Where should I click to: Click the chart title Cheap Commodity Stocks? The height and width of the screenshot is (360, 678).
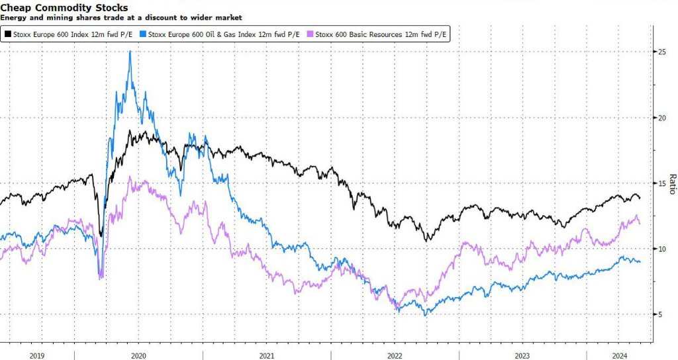(x=64, y=8)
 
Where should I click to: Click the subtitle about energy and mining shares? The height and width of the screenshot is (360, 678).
(x=121, y=17)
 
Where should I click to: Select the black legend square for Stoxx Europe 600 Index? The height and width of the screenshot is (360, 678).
(x=8, y=32)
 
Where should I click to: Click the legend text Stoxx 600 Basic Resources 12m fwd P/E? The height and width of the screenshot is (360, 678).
(x=381, y=32)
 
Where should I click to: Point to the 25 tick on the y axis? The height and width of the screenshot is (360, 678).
(x=660, y=52)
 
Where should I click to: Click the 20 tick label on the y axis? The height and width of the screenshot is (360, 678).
(x=660, y=118)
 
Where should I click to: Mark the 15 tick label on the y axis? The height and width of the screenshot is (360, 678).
(x=660, y=183)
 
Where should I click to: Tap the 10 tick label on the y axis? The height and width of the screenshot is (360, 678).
(x=660, y=249)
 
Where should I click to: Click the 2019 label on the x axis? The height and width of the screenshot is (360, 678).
(x=37, y=355)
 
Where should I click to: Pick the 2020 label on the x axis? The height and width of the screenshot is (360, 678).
(x=139, y=355)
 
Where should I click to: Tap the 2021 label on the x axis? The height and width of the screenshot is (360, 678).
(x=267, y=355)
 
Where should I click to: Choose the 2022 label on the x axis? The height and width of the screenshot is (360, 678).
(x=395, y=355)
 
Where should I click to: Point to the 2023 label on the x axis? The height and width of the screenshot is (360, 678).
(x=522, y=355)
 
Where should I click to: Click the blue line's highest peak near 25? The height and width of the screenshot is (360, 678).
(x=130, y=52)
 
